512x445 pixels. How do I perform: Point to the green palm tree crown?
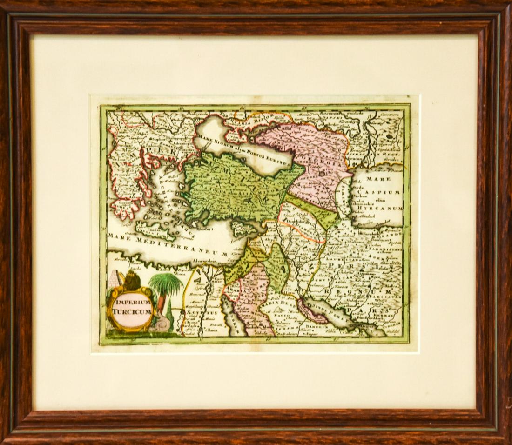[165, 284]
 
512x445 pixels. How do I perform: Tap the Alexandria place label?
[205, 262]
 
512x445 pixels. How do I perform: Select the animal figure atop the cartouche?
[131, 280]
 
